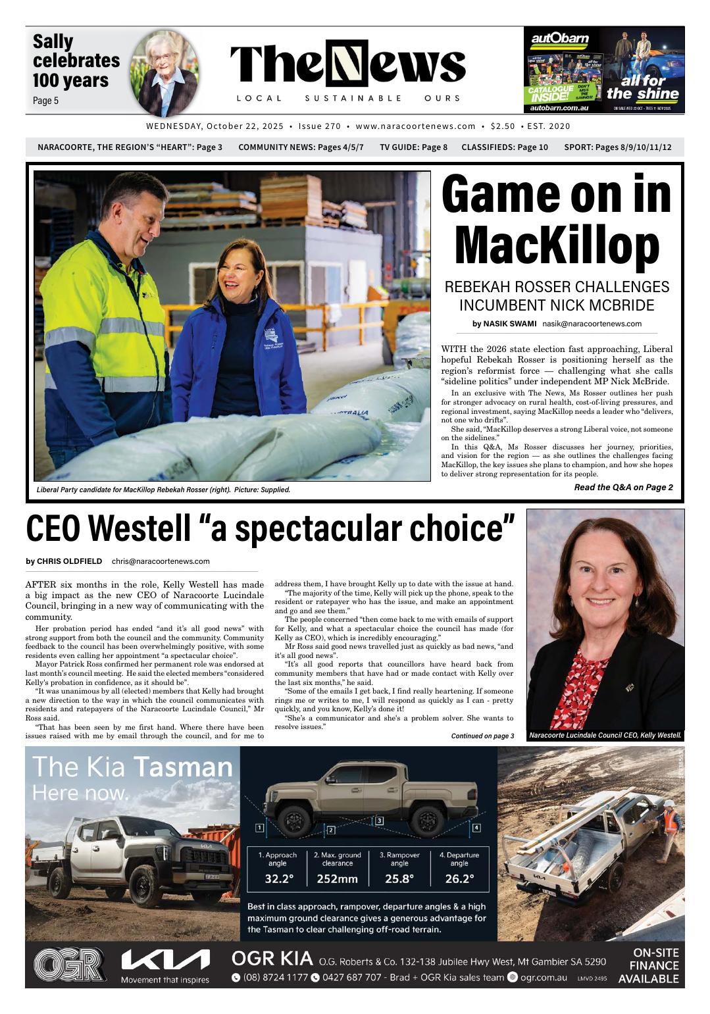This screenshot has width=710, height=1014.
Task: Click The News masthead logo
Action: [x=347, y=66]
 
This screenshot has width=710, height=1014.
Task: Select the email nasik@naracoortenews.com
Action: [x=592, y=324]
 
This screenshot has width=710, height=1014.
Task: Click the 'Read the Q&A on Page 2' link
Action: [x=623, y=488]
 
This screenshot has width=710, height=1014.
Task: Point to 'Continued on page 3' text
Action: [x=482, y=736]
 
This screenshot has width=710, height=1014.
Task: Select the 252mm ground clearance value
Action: [x=337, y=878]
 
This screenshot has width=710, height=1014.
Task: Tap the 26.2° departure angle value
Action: [x=459, y=878]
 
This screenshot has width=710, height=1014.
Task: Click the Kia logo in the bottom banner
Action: [x=165, y=961]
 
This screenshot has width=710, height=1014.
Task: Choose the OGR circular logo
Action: [x=69, y=965]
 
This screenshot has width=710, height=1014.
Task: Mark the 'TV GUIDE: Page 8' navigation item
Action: [x=413, y=147]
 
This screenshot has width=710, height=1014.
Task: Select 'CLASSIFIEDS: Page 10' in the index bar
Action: [x=504, y=147]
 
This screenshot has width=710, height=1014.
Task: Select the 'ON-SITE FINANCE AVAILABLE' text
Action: [x=648, y=965]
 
